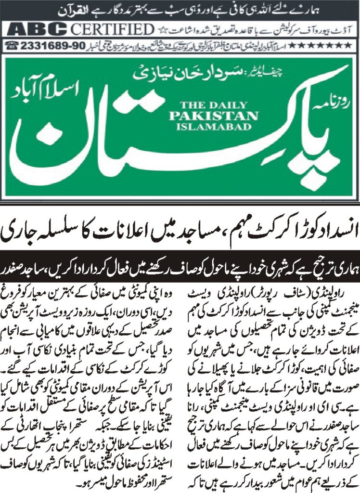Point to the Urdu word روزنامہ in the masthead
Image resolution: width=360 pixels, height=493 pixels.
click(x=337, y=106)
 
